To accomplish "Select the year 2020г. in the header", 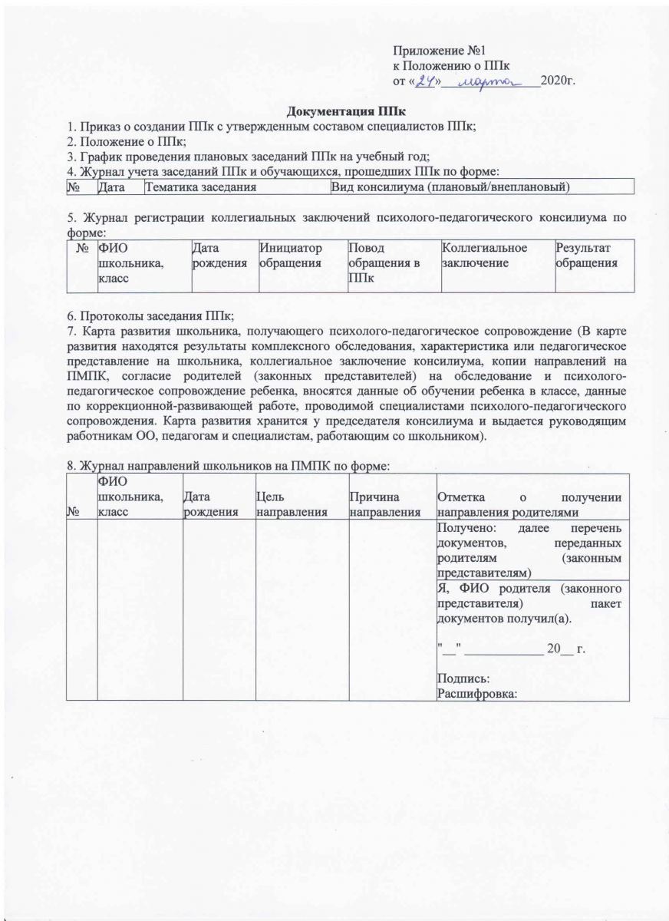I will click(558, 80).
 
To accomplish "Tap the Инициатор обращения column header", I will click(292, 256).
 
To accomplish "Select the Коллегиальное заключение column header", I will click(485, 256).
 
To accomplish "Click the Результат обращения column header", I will click(587, 256).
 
